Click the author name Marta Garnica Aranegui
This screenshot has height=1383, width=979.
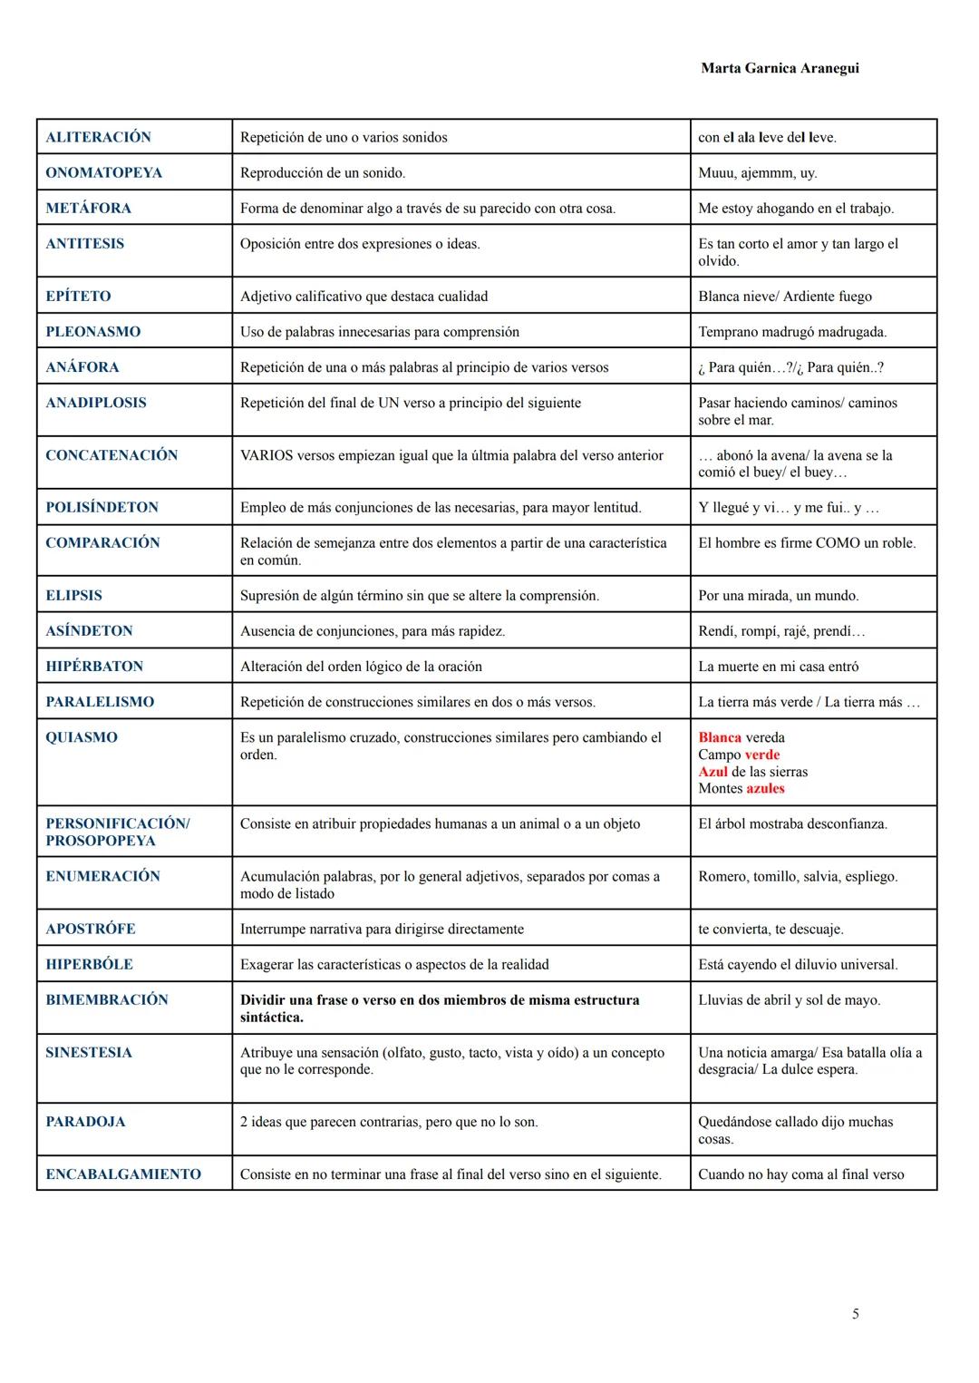[780, 68]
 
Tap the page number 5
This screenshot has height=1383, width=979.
[855, 1314]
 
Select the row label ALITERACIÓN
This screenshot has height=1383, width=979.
[98, 137]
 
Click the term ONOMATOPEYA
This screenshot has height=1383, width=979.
[103, 172]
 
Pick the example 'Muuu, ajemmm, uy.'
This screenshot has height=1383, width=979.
[757, 172]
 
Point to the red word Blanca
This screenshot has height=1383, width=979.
[720, 737]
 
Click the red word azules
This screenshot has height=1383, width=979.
[765, 789]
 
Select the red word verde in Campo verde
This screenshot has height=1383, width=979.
[761, 755]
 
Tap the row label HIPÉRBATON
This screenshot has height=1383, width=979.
[94, 667]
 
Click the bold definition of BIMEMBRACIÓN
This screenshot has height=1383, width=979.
[440, 1008]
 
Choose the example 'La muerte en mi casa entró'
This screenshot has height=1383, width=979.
[778, 667]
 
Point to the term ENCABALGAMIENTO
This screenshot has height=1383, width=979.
[123, 1174]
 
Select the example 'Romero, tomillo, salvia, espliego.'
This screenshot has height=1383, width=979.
[798, 877]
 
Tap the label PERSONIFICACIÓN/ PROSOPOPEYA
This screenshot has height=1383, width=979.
[117, 832]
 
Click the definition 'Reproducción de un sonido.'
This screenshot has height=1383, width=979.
[323, 172]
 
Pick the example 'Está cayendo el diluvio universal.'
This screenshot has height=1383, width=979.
[798, 965]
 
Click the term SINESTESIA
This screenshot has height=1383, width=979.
[89, 1053]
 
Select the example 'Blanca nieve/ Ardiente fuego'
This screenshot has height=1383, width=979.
[785, 297]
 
